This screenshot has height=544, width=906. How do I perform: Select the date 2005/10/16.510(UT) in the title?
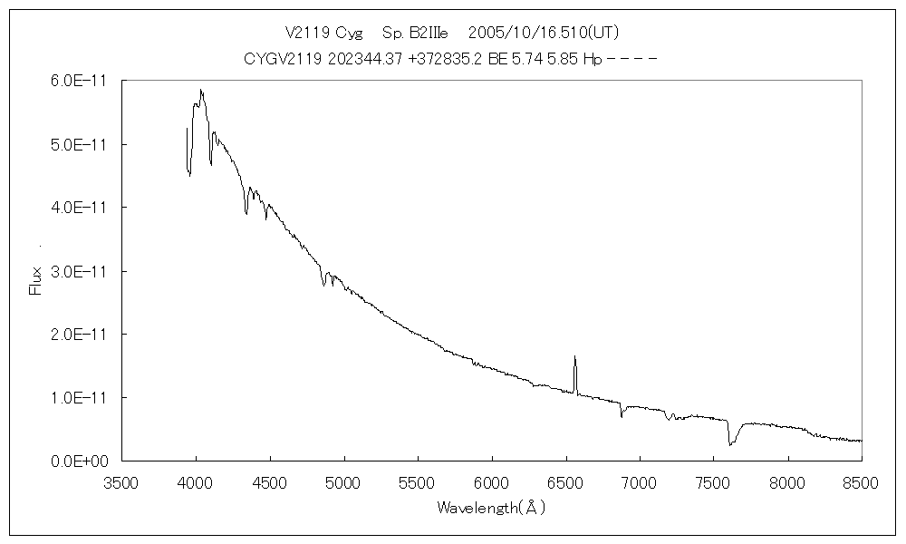(544, 33)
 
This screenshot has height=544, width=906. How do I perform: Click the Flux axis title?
(37, 279)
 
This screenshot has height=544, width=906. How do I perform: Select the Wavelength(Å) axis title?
(491, 508)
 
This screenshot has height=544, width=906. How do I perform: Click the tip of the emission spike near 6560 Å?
(574, 356)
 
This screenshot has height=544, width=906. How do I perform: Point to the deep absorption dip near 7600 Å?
(730, 444)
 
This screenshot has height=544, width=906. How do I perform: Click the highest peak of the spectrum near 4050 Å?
(201, 90)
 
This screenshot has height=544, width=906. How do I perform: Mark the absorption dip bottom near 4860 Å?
(323, 286)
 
